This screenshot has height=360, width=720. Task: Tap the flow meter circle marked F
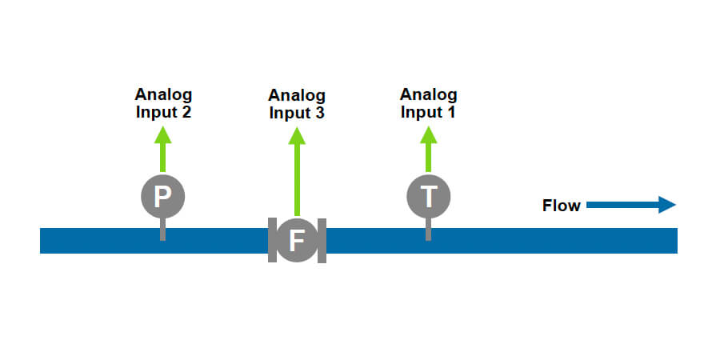[297, 240]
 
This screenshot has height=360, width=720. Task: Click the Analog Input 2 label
[163, 103]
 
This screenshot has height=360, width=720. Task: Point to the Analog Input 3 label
[297, 104]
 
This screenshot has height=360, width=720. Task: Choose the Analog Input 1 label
[429, 103]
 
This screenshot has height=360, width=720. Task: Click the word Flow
[561, 206]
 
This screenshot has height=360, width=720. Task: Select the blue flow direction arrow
[631, 206]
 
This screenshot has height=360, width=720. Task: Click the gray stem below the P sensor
[163, 230]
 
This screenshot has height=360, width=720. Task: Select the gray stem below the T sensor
[429, 230]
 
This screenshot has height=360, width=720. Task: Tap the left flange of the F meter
[272, 240]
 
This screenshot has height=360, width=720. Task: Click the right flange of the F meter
[322, 240]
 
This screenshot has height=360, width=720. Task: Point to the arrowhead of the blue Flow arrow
[668, 206]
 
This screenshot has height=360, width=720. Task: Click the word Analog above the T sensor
[429, 94]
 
